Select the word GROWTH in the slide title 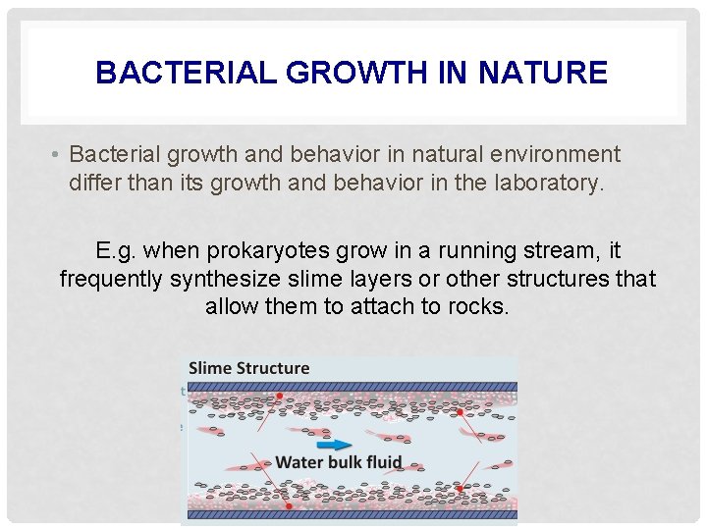pyautogui.click(x=334, y=73)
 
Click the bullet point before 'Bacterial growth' pyautogui.click(x=59, y=155)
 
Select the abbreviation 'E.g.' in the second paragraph pyautogui.click(x=117, y=252)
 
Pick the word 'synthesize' pyautogui.click(x=223, y=280)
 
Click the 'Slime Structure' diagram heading pyautogui.click(x=248, y=368)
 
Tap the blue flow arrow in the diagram pyautogui.click(x=338, y=444)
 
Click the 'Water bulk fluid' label pyautogui.click(x=339, y=462)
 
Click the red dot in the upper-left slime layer pyautogui.click(x=280, y=397)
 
